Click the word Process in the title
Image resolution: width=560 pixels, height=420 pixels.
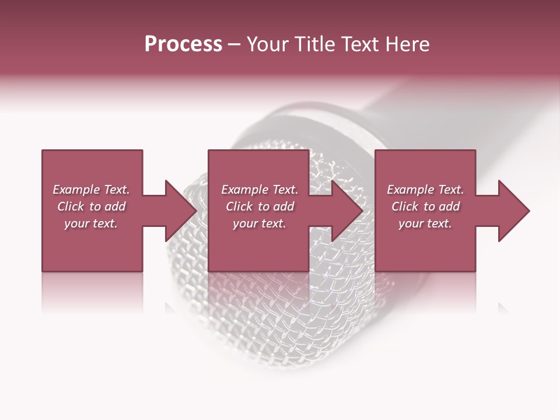183,44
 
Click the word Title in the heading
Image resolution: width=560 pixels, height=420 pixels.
316,44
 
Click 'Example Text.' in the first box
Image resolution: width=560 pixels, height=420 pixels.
91,190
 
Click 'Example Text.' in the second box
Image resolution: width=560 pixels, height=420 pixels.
259,190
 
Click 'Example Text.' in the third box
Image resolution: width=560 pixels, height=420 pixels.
425,190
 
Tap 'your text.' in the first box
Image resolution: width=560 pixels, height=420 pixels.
91,223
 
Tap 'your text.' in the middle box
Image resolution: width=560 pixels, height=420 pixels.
259,223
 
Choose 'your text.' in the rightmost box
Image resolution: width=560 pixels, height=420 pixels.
425,223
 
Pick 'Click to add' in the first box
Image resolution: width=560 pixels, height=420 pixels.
91,206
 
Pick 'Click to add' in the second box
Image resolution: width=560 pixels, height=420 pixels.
259,206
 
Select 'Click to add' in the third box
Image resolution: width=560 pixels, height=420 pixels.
425,206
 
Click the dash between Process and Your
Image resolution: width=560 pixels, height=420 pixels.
234,44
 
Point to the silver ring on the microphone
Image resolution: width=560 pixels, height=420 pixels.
327,120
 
